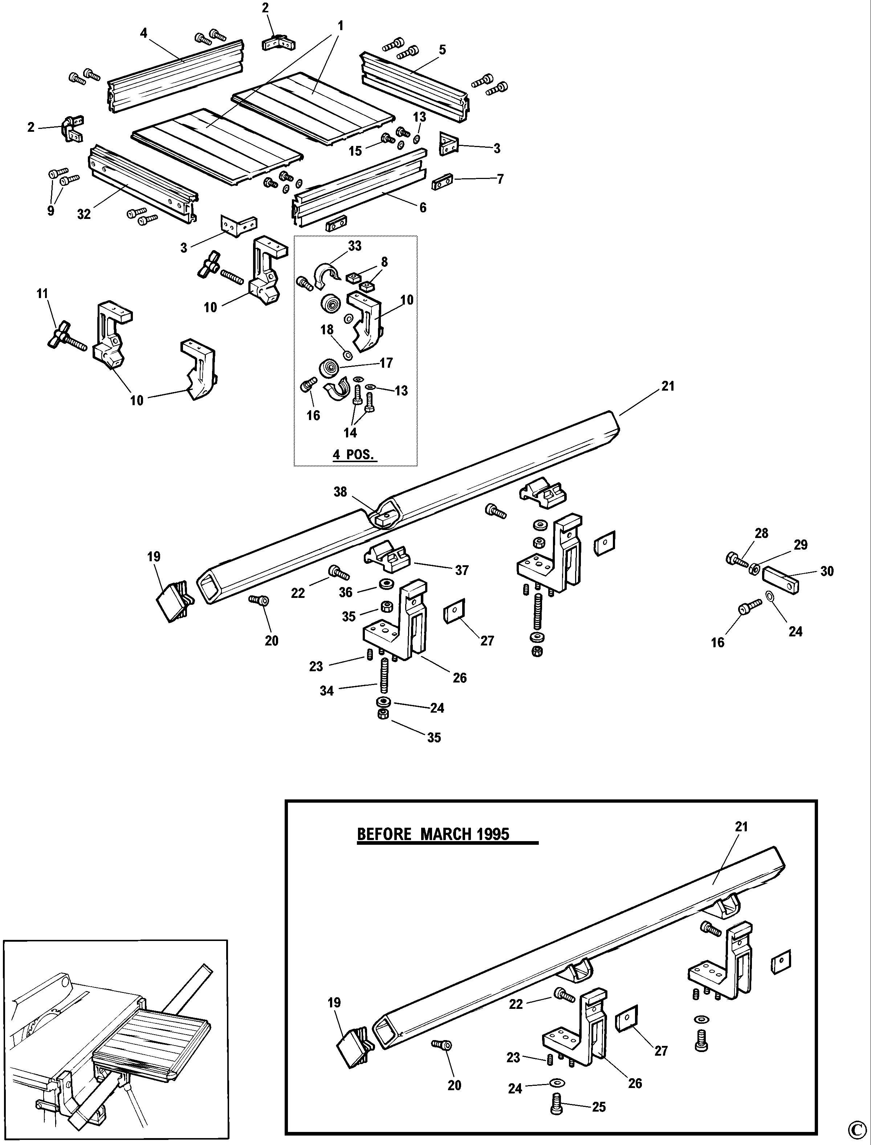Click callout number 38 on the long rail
click(x=340, y=492)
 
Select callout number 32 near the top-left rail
click(x=84, y=214)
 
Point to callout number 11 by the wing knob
click(x=42, y=294)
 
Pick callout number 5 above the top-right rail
click(x=442, y=50)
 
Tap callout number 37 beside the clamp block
click(x=461, y=570)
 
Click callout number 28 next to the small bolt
click(x=761, y=533)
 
